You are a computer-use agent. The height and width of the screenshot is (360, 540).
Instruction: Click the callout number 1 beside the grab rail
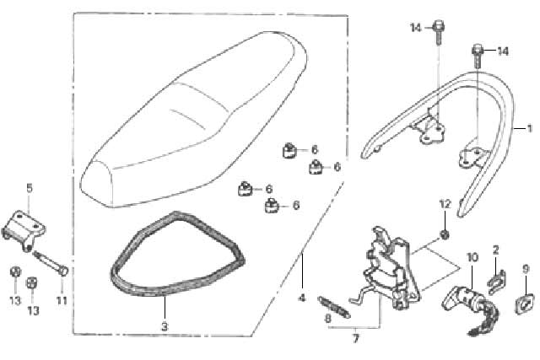tap(529, 129)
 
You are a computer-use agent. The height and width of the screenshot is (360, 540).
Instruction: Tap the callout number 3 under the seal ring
tap(165, 326)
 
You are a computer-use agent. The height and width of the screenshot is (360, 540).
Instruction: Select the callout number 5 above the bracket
tap(30, 188)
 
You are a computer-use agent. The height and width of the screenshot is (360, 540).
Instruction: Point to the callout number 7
tap(355, 339)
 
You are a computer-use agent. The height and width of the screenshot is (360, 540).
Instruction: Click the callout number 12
tap(445, 204)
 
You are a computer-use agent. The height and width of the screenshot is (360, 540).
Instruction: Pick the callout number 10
tap(472, 257)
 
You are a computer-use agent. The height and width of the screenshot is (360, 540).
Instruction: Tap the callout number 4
tap(302, 298)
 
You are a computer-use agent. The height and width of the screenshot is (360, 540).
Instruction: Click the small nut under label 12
tap(445, 234)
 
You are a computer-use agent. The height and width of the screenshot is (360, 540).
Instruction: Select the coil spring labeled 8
tap(334, 307)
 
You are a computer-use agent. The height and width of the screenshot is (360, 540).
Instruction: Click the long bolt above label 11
tap(51, 262)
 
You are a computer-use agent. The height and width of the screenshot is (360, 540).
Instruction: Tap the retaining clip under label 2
tap(497, 282)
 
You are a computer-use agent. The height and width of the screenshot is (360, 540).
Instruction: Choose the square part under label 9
tap(525, 304)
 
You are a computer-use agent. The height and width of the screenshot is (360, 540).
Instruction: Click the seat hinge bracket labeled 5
tap(24, 230)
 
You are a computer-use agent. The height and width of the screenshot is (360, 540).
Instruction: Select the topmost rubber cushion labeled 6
tap(290, 150)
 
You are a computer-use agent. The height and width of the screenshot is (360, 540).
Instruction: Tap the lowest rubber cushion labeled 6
tap(273, 206)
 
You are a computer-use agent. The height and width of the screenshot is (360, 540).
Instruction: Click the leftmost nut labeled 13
tap(15, 271)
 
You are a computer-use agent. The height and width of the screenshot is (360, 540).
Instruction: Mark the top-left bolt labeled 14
tap(438, 32)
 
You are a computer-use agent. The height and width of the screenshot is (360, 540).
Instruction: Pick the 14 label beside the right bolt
tap(503, 51)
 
